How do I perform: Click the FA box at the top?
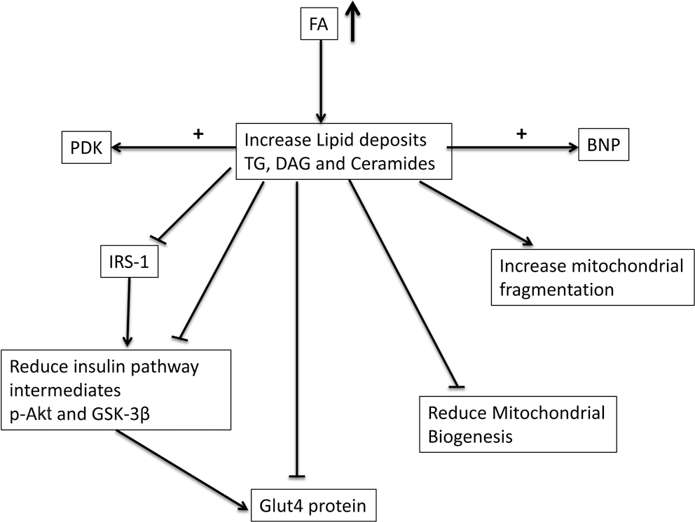click(319, 24)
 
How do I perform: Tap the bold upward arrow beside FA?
click(353, 21)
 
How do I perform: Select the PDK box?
click(86, 148)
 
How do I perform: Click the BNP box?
click(604, 144)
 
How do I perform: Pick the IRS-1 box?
click(130, 261)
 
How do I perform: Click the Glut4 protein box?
click(314, 505)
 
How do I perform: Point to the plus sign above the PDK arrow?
click(198, 133)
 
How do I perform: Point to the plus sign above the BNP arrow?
click(522, 133)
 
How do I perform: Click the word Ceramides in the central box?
click(393, 163)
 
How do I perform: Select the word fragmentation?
click(557, 290)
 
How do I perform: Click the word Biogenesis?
click(470, 437)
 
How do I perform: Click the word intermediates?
click(65, 390)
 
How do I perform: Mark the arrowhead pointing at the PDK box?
click(117, 148)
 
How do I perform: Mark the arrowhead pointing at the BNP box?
click(574, 147)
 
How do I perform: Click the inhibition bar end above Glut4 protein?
click(296, 477)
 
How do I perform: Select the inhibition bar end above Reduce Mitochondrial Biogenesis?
click(457, 387)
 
